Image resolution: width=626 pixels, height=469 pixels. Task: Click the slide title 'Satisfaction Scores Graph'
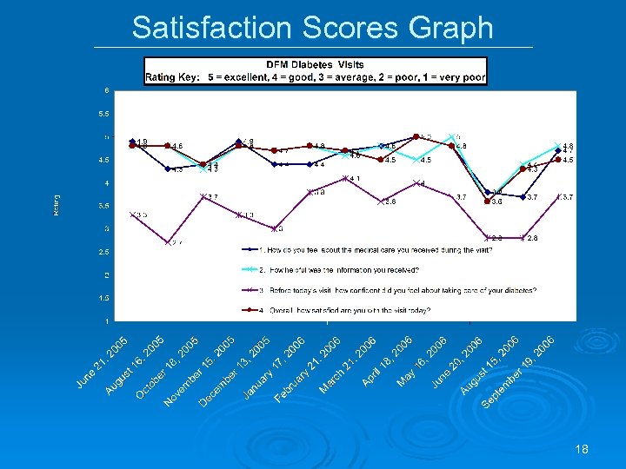pos(312,28)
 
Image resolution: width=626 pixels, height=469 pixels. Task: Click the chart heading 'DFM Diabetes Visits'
pos(315,64)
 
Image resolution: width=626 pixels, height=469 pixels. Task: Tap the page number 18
pos(582,449)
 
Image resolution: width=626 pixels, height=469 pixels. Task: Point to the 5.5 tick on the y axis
pos(103,114)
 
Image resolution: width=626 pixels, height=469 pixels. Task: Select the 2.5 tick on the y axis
pos(103,252)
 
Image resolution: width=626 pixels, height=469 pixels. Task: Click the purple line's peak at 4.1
pos(345,178)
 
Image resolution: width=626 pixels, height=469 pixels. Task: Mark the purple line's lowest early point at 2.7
pos(168,242)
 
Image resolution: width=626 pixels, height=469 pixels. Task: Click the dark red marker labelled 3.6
pos(487,201)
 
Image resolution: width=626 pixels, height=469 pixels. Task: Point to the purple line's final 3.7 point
pos(557,196)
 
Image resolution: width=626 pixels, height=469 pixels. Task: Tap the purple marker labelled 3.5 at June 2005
pos(132,214)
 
